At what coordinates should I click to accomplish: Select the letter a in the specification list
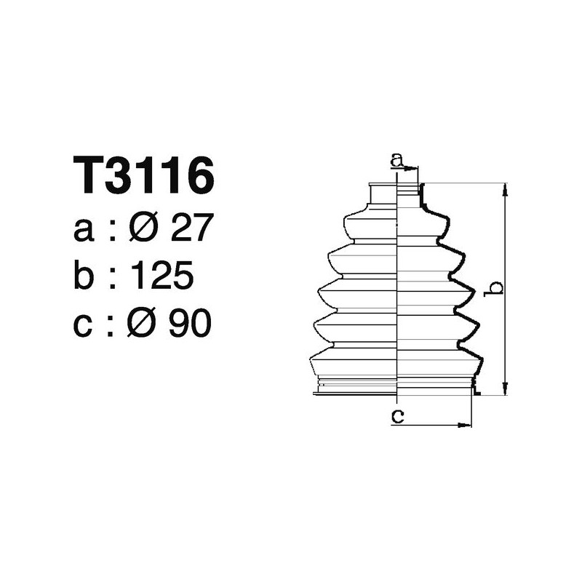[x=84, y=231]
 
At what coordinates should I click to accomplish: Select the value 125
[x=161, y=276]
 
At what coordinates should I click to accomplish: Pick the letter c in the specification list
[x=84, y=324]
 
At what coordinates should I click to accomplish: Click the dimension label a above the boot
[x=396, y=159]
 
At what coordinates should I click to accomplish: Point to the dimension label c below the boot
[x=397, y=415]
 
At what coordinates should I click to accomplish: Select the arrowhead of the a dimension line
[x=414, y=169]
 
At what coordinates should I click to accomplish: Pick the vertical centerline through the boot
[x=397, y=291]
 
